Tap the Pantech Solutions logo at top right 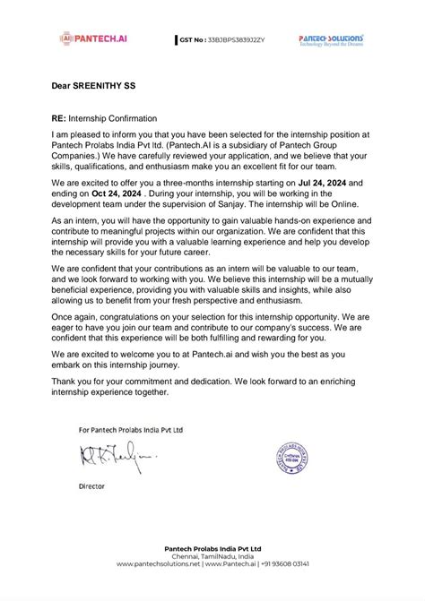[x=331, y=40]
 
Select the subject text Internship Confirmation [x=114, y=117]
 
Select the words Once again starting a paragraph [x=74, y=318]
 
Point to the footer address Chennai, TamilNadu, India [x=212, y=555]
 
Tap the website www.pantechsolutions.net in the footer [x=158, y=564]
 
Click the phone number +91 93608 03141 [x=285, y=564]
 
